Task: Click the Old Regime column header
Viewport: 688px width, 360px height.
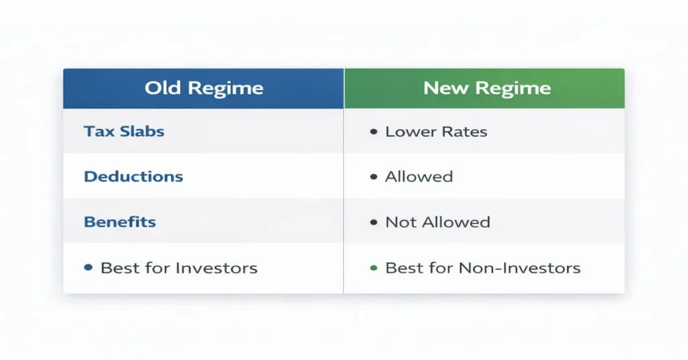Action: (204, 88)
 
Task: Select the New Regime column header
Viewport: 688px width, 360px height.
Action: (484, 88)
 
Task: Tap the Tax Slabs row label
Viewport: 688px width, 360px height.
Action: (124, 132)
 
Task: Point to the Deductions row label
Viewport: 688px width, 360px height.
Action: (134, 176)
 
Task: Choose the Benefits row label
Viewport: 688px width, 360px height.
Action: (120, 222)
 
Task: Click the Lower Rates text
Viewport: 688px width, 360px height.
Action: (436, 132)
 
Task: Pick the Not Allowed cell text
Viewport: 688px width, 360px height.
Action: (437, 222)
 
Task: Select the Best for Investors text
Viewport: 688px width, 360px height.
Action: (179, 268)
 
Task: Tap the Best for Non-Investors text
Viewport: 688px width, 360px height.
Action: (482, 268)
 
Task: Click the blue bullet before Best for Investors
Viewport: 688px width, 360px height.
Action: (88, 267)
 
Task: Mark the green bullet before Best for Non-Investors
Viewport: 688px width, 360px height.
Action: (374, 268)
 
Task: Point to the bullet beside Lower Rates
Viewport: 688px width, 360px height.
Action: (374, 132)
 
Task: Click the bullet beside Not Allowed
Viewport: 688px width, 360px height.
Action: (374, 222)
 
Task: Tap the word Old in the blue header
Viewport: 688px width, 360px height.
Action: (163, 88)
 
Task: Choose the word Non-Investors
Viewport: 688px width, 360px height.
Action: (519, 268)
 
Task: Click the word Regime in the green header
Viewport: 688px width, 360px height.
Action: (513, 89)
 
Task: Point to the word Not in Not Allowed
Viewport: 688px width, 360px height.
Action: (400, 222)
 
